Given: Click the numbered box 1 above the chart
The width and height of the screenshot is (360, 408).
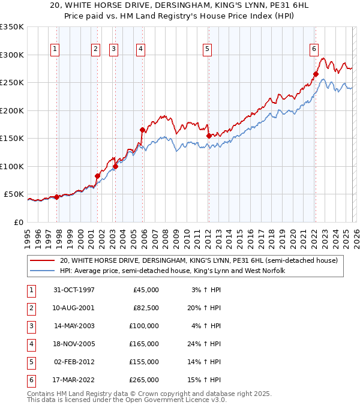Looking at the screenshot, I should tap(55, 49).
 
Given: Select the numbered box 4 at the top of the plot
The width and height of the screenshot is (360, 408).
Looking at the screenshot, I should tap(140, 49).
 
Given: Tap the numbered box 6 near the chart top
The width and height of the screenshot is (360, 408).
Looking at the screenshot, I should tap(314, 49).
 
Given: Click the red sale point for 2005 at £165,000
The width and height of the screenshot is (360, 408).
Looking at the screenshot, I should tap(142, 130).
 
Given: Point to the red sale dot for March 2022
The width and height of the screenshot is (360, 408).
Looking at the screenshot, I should tap(316, 74).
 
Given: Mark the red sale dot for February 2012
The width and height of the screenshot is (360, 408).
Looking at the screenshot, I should tap(208, 136).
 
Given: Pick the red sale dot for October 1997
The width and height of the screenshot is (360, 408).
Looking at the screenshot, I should tap(57, 197).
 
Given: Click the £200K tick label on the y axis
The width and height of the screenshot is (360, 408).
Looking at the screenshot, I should tap(13, 110).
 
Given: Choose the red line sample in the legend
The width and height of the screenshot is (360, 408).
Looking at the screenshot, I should tap(42, 261).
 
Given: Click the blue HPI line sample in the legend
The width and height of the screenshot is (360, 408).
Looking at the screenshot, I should tap(42, 271).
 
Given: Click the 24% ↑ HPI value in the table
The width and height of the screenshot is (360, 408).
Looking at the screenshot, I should tap(203, 344).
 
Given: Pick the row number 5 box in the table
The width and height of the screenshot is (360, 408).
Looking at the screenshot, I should tap(29, 362).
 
